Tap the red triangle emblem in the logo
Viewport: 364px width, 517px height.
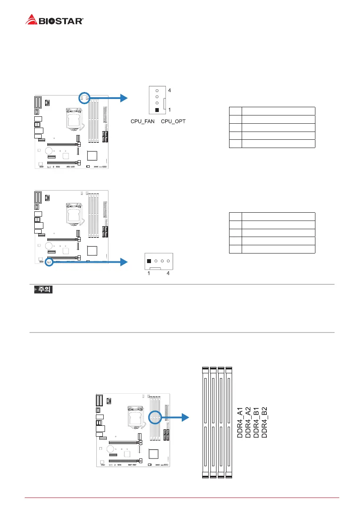click(31, 20)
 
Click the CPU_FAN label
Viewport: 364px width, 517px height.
click(143, 121)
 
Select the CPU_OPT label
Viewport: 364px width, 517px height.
click(173, 121)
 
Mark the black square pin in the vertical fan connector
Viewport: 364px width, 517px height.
click(157, 110)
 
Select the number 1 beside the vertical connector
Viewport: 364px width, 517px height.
click(169, 110)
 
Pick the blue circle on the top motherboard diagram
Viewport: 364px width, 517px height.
click(84, 98)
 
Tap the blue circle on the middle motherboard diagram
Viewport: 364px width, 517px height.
click(49, 262)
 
